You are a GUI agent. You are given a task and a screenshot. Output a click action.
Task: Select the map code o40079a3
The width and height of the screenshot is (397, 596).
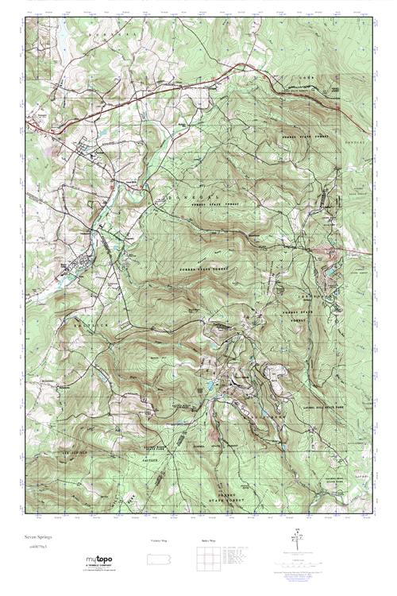coord(34,548)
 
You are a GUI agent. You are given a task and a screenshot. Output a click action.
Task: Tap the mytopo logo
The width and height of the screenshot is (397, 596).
coord(98,560)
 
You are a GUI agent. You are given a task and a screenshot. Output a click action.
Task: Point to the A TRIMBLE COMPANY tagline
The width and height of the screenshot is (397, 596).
coord(98,567)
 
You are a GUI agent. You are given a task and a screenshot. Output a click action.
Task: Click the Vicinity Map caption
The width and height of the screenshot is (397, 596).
coord(159,540)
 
